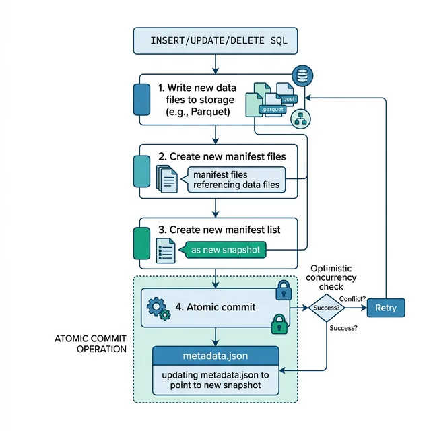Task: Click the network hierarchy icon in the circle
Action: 300,119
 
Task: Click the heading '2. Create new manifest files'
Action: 222,156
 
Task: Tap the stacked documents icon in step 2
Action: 166,178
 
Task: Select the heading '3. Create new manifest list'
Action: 219,230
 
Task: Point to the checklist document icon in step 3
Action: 165,251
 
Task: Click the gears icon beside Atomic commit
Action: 158,308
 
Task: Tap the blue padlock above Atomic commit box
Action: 283,290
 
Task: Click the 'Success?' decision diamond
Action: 326,308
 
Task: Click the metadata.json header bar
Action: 215,355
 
